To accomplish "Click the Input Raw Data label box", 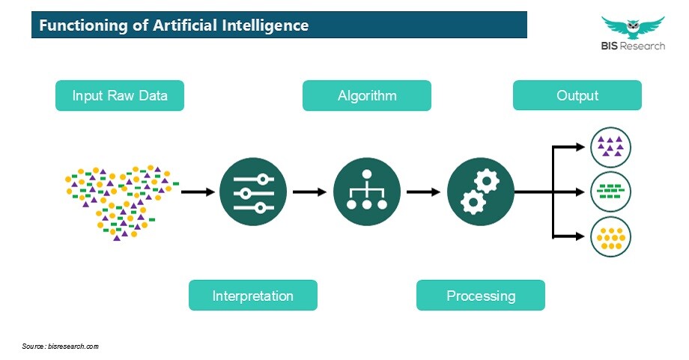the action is [x=120, y=95].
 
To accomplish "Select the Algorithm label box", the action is [x=367, y=95].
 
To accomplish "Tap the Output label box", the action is [x=577, y=95].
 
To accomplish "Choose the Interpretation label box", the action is [x=253, y=296].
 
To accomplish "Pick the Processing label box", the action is [x=481, y=296].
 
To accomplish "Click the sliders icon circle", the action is [x=253, y=192].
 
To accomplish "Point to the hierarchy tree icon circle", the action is [x=367, y=192].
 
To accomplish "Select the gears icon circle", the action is [x=481, y=192].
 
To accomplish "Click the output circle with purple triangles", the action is [x=610, y=147].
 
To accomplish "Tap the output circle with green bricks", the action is [x=610, y=192].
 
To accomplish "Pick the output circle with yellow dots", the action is [x=610, y=237].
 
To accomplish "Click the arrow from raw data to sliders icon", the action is [x=198, y=192].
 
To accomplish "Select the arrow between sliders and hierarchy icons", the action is [x=310, y=192].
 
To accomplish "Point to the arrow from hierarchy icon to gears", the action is [x=424, y=192].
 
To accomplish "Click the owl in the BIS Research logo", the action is [x=633, y=28].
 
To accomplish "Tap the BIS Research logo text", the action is [x=633, y=46].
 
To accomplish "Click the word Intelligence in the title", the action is [x=265, y=25].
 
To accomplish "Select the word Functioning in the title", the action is [x=83, y=25].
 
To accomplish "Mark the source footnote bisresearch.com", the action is [x=61, y=347].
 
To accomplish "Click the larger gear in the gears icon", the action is [x=486, y=180].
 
